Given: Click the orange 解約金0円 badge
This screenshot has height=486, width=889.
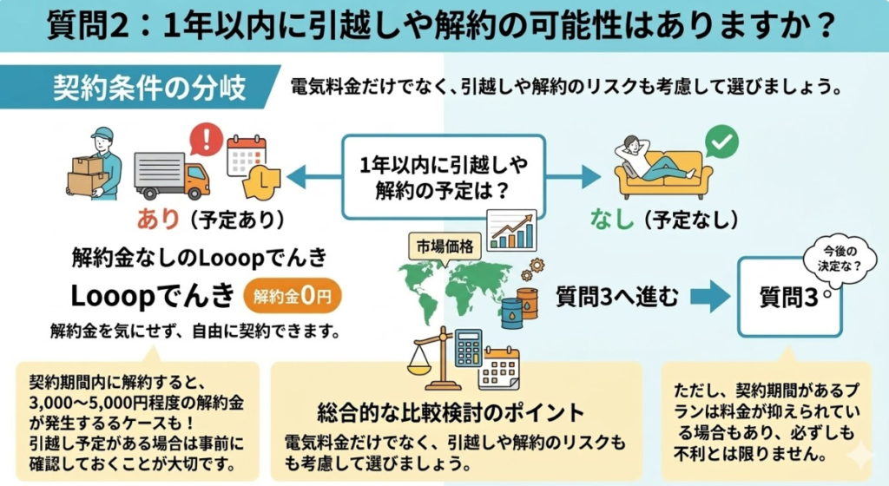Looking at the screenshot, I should (293, 297).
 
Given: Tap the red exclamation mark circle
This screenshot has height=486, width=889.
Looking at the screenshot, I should (206, 138).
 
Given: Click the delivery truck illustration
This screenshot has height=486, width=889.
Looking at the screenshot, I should (171, 175).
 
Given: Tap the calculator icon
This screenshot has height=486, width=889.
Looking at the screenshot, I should (469, 347).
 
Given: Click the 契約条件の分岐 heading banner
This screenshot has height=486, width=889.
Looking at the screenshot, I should (148, 88).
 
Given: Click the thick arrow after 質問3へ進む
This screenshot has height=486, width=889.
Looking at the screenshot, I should (710, 296).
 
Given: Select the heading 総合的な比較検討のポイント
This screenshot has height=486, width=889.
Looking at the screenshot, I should (450, 410).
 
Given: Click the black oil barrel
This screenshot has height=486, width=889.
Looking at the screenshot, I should (512, 309).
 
